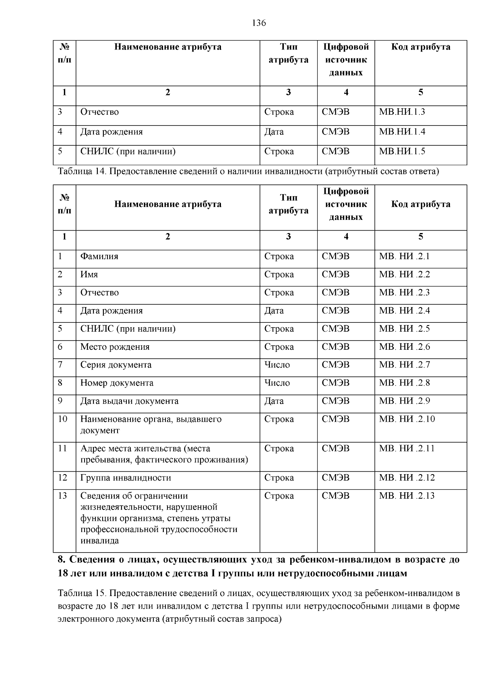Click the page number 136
[259, 23]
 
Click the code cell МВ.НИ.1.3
[402, 112]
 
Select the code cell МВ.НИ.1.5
[402, 152]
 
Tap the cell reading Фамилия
[99, 256]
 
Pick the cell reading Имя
[89, 274]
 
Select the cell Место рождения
[115, 347]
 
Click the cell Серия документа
[116, 365]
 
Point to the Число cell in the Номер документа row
[277, 383]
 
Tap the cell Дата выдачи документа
[129, 401]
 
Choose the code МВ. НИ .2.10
[407, 419]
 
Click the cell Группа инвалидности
[126, 478]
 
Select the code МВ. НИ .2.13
[407, 496]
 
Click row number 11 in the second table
[62, 449]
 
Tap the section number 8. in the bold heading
[62, 560]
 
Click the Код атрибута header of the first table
[421, 47]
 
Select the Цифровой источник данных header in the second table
[346, 204]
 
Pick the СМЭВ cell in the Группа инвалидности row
[336, 478]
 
